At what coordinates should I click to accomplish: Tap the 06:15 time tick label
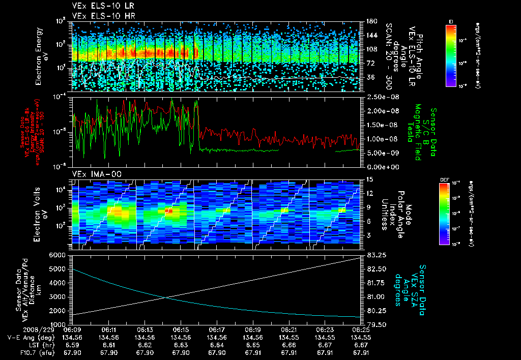point(181,329)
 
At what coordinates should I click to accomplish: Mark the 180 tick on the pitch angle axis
point(370,21)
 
